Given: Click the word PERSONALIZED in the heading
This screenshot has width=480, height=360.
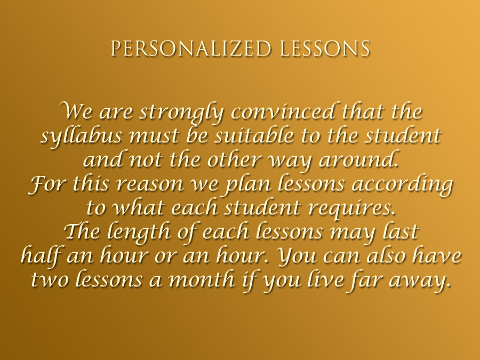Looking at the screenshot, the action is (x=191, y=49).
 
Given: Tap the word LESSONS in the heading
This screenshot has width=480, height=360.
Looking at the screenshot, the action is (x=325, y=49).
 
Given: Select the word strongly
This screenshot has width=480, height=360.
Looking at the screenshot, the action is (x=182, y=113).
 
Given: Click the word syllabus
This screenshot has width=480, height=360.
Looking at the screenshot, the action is (x=82, y=136).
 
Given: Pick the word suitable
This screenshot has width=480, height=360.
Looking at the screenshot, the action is (x=254, y=135).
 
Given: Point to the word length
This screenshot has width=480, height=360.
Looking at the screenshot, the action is (x=139, y=232).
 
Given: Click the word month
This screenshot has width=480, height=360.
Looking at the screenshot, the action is (x=202, y=279).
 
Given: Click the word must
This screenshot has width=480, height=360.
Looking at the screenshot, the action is (x=154, y=136).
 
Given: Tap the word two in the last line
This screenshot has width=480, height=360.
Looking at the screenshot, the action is (x=50, y=280).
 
